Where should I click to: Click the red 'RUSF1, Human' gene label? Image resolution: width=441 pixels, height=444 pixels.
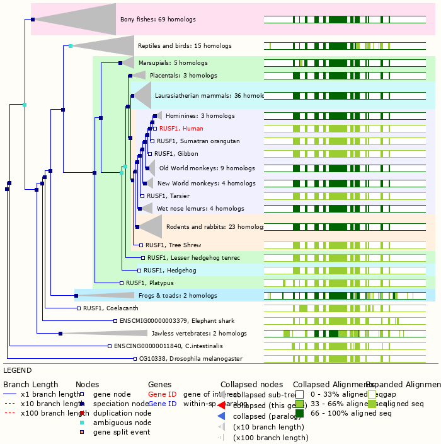181,128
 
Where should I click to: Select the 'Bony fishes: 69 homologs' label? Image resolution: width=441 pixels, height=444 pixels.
157,20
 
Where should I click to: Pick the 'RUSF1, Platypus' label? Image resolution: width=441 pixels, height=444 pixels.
149,283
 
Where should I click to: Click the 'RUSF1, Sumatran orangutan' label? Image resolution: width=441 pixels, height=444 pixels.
198,141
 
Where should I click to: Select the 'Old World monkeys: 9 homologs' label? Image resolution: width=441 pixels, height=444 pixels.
198,168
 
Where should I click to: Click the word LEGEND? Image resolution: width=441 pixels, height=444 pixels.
17,370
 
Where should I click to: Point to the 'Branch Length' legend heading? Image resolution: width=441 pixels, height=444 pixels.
30,384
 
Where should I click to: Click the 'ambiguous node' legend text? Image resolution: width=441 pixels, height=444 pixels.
122,423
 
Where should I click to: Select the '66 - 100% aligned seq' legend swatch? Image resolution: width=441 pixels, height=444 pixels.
299,413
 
